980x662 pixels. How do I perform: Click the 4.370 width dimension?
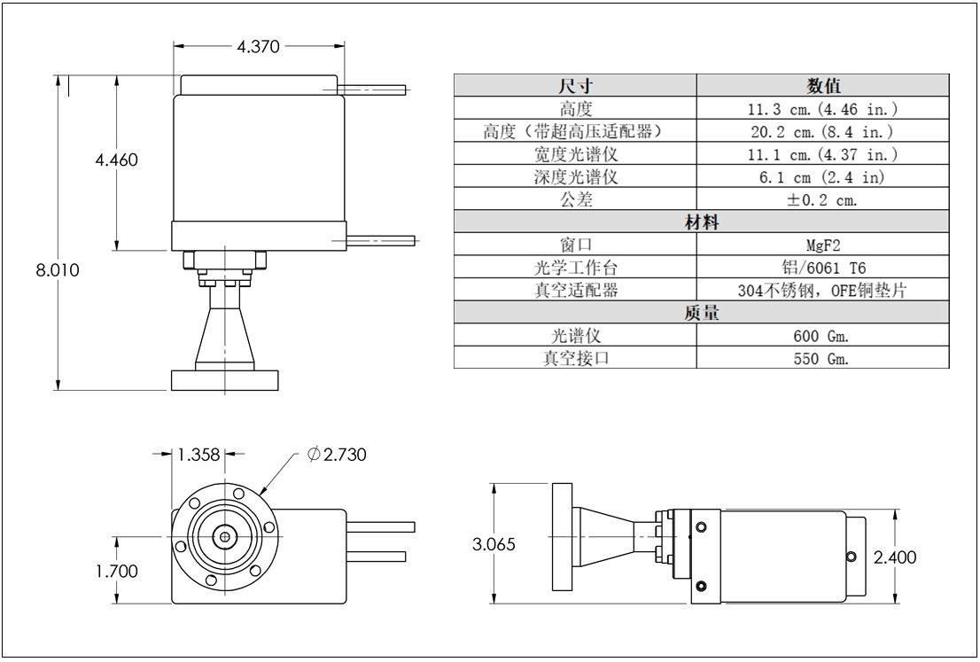coord(258,46)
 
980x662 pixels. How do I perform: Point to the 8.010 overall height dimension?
coord(58,270)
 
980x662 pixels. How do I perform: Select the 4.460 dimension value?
coord(116,160)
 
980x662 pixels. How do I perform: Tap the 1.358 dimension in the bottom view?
coord(198,455)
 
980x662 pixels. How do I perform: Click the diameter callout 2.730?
coord(337,455)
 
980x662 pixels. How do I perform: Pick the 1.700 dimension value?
coord(116,571)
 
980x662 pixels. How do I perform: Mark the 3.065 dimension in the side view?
coord(494,544)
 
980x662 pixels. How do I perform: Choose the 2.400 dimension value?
coord(894,557)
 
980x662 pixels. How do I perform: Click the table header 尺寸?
coord(576,86)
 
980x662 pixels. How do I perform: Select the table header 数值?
coord(823,86)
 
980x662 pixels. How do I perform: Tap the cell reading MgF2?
coord(823,245)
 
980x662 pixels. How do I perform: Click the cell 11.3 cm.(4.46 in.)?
coord(822,109)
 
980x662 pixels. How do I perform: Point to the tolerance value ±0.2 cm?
coord(822,199)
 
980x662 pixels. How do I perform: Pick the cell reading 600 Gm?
coord(821,336)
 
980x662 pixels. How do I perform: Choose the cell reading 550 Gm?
coord(821,358)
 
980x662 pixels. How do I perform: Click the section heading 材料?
coord(701,222)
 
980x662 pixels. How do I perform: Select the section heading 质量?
coord(701,313)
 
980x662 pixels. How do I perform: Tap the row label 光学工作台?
coord(576,268)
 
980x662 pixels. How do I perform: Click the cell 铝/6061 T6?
coord(824,268)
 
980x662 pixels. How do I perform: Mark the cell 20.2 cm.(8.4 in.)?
coord(822,131)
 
